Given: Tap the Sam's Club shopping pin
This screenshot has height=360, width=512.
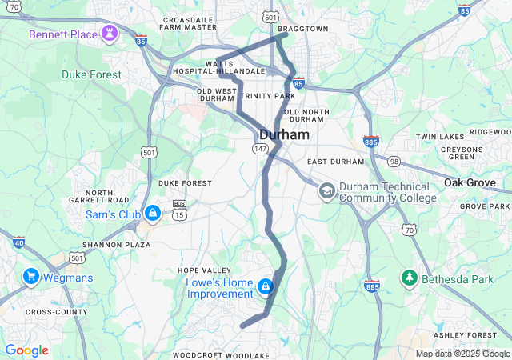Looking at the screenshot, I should [x=153, y=214].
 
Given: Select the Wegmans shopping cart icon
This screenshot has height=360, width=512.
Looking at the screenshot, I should [x=31, y=277].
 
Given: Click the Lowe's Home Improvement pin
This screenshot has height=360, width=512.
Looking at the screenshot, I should [x=265, y=286].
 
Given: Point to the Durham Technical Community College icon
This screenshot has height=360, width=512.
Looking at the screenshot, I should [x=326, y=191].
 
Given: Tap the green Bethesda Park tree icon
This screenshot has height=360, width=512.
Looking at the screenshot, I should [x=409, y=277].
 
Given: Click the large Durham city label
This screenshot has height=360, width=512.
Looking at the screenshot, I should [x=284, y=135].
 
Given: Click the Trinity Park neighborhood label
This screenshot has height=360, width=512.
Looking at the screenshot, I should [x=261, y=96].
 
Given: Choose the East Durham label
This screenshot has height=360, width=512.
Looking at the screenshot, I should [x=335, y=162].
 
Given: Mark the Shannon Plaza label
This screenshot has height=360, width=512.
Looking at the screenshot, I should [x=116, y=245].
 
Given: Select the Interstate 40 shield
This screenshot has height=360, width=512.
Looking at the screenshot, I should [x=18, y=241].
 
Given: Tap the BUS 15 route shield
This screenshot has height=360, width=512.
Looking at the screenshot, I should [x=179, y=210].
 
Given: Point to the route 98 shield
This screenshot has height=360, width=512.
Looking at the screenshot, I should [x=394, y=162].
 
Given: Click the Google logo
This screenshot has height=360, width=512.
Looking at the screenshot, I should [x=26, y=350].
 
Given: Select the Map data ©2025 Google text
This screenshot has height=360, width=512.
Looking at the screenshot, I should [x=462, y=354].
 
